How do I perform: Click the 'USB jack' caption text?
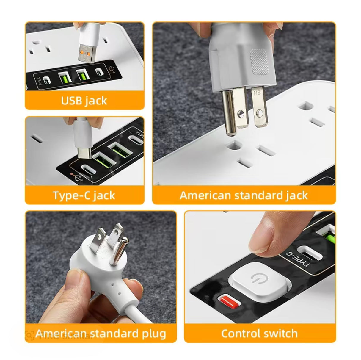[x=84, y=101]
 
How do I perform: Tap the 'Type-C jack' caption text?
[x=84, y=195]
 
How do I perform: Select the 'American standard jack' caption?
[x=244, y=195]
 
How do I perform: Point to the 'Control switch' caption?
[x=259, y=334]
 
